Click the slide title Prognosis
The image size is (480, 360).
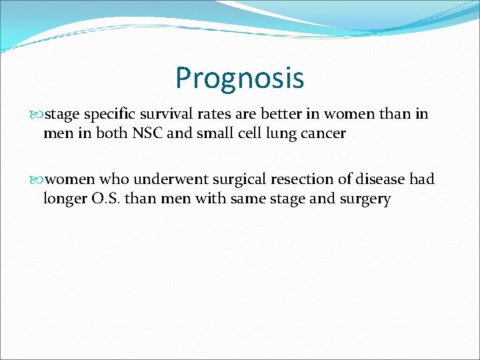coord(239,77)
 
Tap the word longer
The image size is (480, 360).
coord(65,198)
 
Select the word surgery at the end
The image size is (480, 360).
coord(366,198)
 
